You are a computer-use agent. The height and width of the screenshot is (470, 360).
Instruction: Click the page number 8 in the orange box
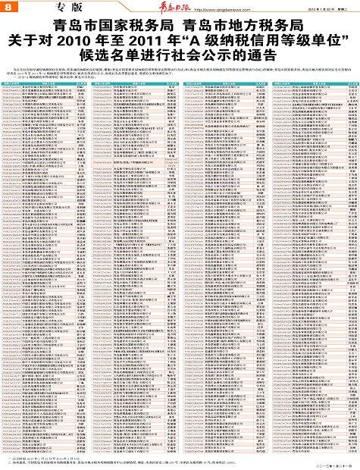click(7, 6)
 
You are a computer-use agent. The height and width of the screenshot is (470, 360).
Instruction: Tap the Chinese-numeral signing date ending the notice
click(329, 463)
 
